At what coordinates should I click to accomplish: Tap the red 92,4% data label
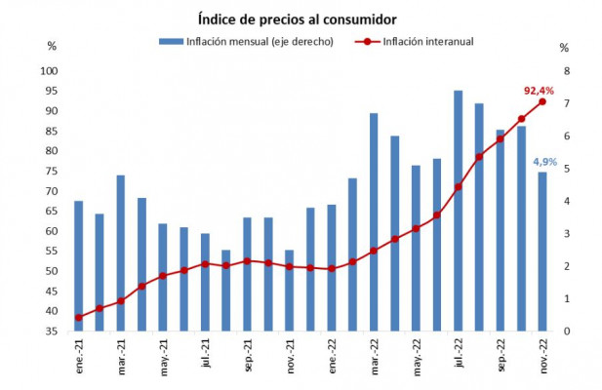[539, 91]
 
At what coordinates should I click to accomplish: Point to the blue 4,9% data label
[544, 162]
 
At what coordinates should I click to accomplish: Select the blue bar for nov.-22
[542, 252]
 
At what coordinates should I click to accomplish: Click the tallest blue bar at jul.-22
[458, 211]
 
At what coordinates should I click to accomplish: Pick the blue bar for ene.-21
[78, 266]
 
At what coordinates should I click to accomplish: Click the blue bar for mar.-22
[374, 222]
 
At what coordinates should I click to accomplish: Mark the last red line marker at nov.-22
[542, 101]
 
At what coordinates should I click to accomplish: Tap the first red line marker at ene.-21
[78, 317]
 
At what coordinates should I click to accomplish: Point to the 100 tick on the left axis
[49, 71]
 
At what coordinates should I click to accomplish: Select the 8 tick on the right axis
[563, 71]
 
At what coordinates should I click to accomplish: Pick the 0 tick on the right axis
[563, 331]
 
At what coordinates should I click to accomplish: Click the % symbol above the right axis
[564, 47]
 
